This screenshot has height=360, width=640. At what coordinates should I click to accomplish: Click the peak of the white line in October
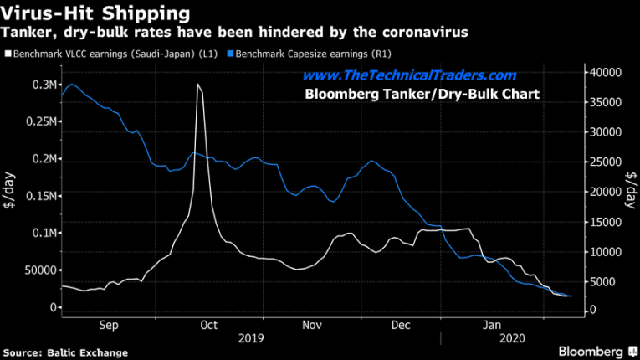[x=197, y=85]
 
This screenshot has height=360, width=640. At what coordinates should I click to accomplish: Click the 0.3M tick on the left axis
[x=43, y=85]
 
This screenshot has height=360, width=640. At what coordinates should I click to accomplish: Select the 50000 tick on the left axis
[x=38, y=270]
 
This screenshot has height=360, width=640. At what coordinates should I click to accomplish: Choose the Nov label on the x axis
[x=311, y=324]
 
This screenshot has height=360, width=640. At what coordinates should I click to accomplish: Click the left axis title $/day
[x=12, y=194]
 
